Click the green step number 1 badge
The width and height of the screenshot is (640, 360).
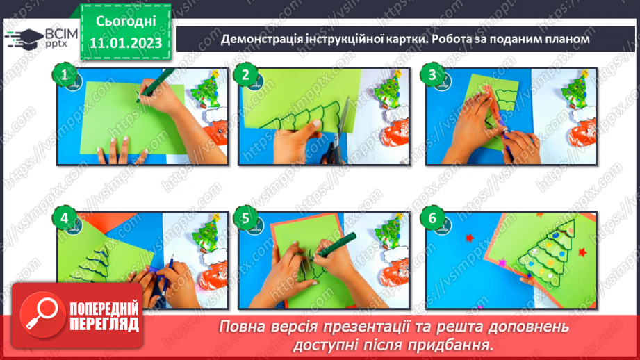pos(65,74)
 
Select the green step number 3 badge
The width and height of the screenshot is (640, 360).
pos(433,74)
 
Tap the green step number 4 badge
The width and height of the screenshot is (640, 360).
pos(65,218)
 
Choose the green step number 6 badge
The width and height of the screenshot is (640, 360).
pos(433,218)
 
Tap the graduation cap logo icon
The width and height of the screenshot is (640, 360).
pos(24,38)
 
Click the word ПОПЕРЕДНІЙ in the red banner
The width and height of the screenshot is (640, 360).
pos(103,307)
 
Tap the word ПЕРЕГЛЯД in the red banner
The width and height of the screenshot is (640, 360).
pos(103,324)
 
